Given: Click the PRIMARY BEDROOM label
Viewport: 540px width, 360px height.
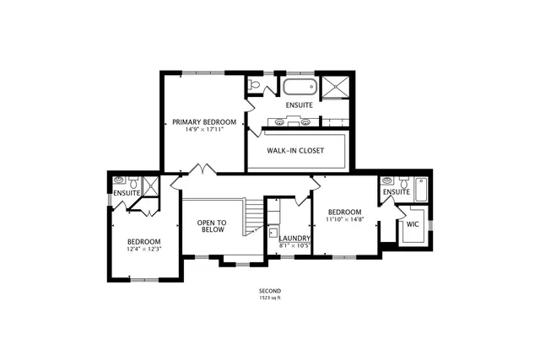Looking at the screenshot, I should tap(203, 121).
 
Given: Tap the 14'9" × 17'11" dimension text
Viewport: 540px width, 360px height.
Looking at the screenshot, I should tap(203, 130).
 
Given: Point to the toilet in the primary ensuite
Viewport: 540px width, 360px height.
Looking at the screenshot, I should tap(254, 84).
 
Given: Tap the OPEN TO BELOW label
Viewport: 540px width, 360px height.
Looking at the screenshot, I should tap(211, 227).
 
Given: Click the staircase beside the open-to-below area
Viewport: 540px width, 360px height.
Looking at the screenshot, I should tap(252, 218).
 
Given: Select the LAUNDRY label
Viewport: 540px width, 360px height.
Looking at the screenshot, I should tap(295, 239).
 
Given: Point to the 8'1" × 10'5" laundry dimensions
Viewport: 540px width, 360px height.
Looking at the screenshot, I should tap(295, 246).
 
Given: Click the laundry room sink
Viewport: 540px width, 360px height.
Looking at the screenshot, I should tap(273, 231).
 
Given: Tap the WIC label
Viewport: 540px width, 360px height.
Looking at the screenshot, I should tap(413, 225).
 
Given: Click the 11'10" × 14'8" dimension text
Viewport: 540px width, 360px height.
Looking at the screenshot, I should tap(344, 219).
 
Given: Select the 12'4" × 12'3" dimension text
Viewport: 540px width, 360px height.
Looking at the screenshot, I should tap(143, 250).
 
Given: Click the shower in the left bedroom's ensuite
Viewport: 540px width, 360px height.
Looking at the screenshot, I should tap(150, 186).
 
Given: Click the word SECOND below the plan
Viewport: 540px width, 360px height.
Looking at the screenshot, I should tap(270, 291).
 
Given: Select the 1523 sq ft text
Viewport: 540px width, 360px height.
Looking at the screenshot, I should tap(270, 298).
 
